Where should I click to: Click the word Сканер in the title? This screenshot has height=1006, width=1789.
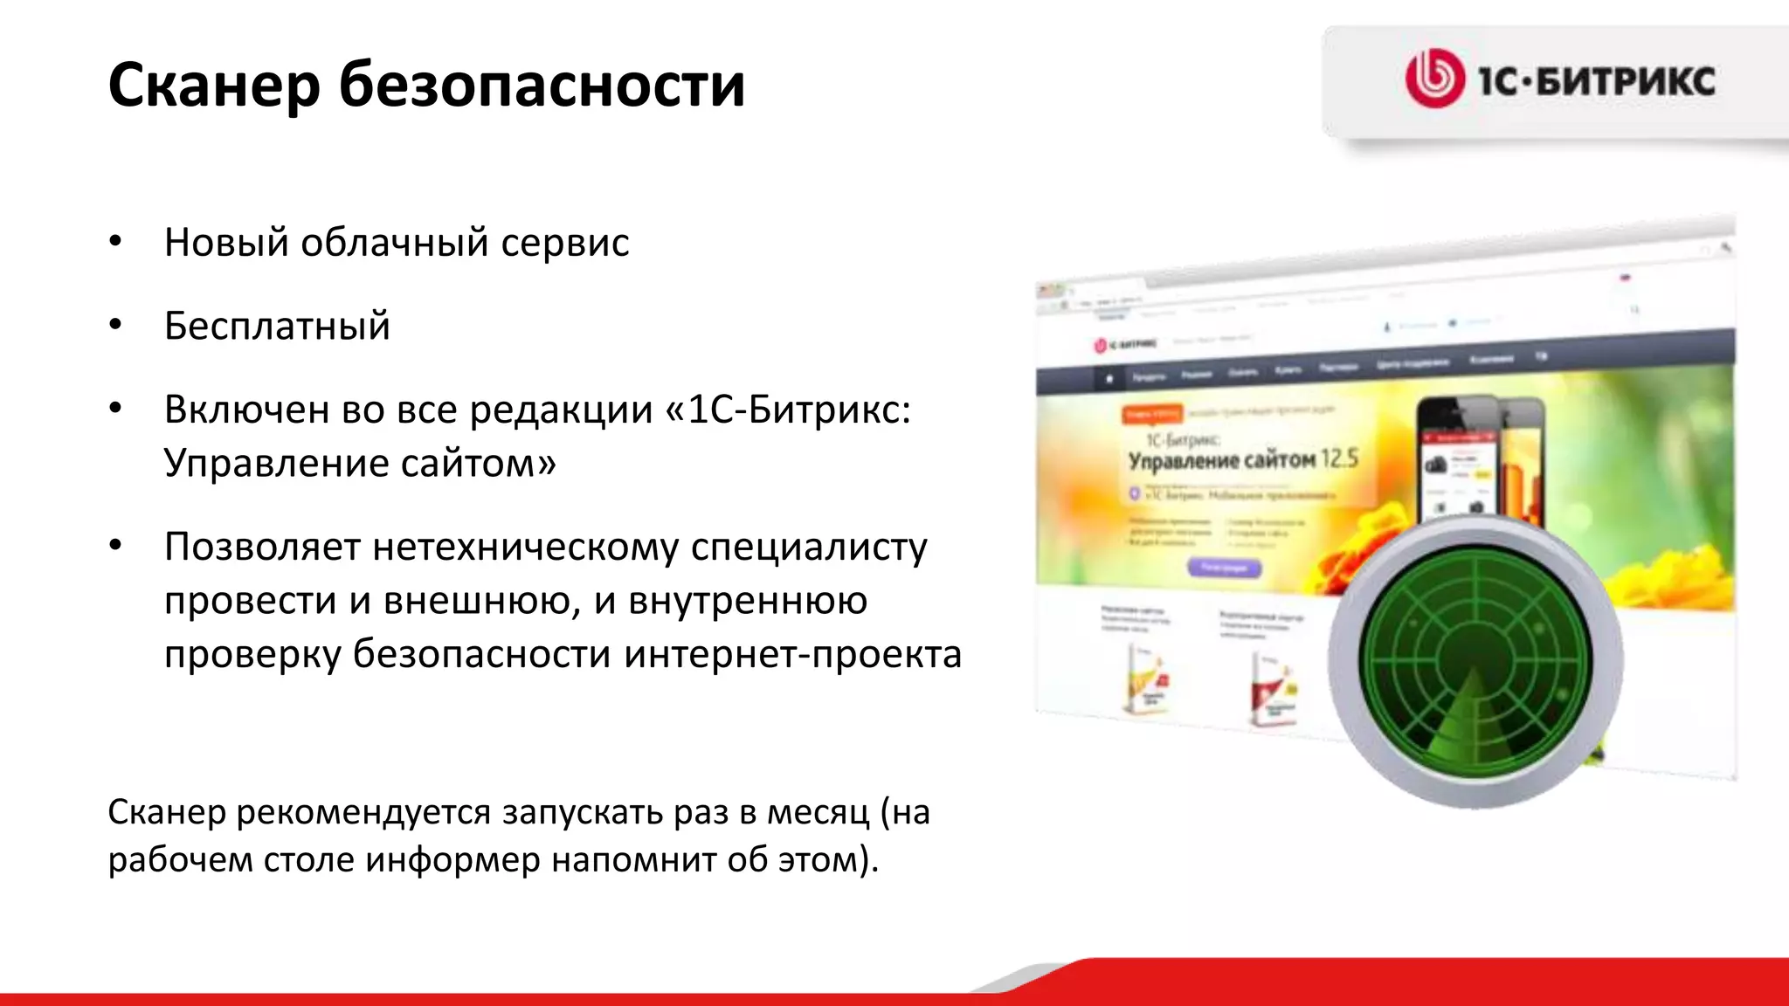point(214,85)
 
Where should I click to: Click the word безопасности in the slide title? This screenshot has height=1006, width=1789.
point(542,85)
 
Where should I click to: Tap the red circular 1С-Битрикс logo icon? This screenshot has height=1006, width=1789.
point(1433,79)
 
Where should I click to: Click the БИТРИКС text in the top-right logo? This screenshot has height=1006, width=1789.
point(1625,81)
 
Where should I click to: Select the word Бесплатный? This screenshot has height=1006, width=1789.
point(277,326)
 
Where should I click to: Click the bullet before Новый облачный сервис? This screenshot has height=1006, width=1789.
point(115,242)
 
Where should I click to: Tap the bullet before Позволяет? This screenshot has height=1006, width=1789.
point(115,547)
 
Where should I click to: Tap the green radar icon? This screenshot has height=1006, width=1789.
point(1475,661)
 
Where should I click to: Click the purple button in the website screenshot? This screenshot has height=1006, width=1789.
point(1224,568)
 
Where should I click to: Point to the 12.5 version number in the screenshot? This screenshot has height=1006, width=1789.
point(1340,458)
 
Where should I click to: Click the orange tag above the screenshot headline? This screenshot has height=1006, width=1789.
point(1152,413)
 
